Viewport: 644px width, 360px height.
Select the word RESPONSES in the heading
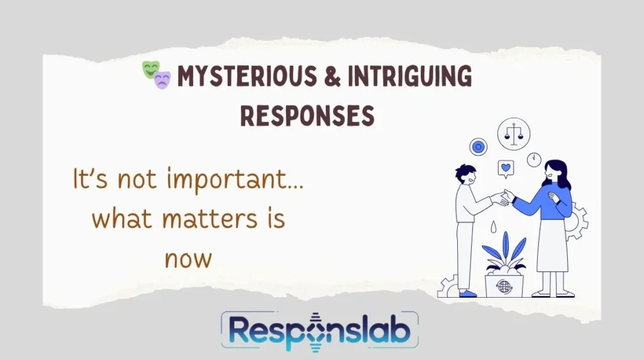click(x=308, y=115)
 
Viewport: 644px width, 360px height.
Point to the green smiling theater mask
click(x=150, y=70)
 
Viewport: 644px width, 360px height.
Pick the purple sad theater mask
click(x=162, y=80)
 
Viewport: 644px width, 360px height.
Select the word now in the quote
click(x=186, y=257)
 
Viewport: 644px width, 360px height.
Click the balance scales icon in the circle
click(x=513, y=133)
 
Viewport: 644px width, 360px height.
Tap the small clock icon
click(x=534, y=159)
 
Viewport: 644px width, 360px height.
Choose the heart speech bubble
click(x=504, y=168)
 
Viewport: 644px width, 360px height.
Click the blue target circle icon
click(x=479, y=147)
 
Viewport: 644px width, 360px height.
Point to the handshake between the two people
click(x=502, y=198)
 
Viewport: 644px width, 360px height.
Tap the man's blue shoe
click(x=467, y=293)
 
